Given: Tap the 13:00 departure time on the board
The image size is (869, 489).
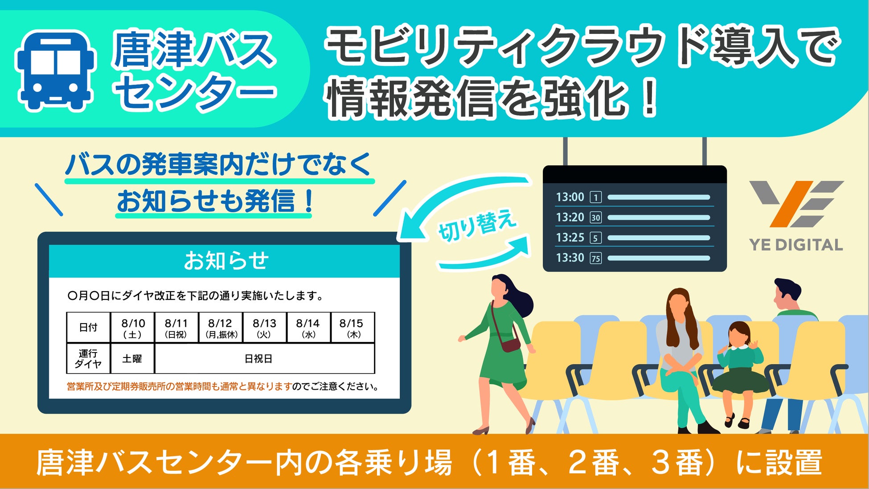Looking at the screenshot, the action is pos(570,197).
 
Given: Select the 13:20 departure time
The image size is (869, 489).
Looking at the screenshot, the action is pos(570,217).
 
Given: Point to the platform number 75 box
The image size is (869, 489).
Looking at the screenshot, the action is pos(596,258).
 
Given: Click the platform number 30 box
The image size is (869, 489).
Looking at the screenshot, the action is pos(596,218).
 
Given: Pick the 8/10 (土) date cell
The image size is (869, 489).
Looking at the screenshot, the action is pos(133,328).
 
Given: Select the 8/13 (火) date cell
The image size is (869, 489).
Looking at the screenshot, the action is pos(264,328).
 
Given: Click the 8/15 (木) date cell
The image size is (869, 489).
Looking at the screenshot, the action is pos(352,328).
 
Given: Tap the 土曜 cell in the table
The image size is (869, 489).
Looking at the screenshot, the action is pos(132,358).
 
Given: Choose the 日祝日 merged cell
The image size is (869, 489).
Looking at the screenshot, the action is pos(264,358).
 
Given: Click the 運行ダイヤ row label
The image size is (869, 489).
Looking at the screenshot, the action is pos(88,358).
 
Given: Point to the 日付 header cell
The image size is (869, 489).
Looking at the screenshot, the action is pos(88,328).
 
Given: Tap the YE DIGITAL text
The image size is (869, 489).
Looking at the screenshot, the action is pos(796,245).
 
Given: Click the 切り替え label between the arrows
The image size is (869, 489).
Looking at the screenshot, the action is pos(477,226).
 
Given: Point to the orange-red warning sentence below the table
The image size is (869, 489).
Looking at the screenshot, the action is pos(179,386).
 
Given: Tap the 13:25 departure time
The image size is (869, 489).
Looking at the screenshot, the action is pos(570,238).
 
